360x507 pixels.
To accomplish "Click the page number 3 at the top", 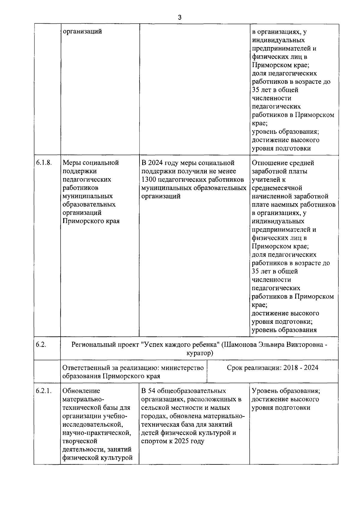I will (x=179, y=17).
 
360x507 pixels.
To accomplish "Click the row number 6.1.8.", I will (x=44, y=163).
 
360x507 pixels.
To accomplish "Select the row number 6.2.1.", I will (x=44, y=391).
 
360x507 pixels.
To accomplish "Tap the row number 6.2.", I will (x=41, y=344).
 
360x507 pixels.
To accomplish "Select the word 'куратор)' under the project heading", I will (x=199, y=353).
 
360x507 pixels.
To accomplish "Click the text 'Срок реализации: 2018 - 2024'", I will (x=272, y=368).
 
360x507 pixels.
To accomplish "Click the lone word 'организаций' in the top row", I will (x=82, y=31).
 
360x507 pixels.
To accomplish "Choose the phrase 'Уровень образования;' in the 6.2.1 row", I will (x=286, y=391).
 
